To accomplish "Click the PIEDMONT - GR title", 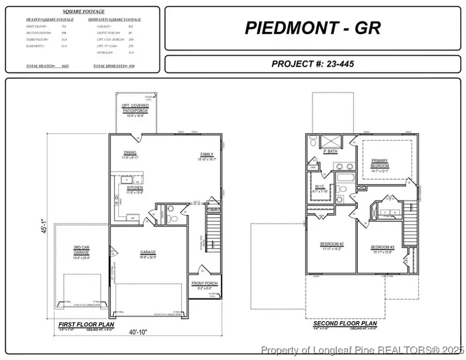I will point(312,28).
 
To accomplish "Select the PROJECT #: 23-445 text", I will point(312,64).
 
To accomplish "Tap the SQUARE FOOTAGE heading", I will point(83,11).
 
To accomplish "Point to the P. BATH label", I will point(331,152).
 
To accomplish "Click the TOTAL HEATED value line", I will point(48,66).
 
